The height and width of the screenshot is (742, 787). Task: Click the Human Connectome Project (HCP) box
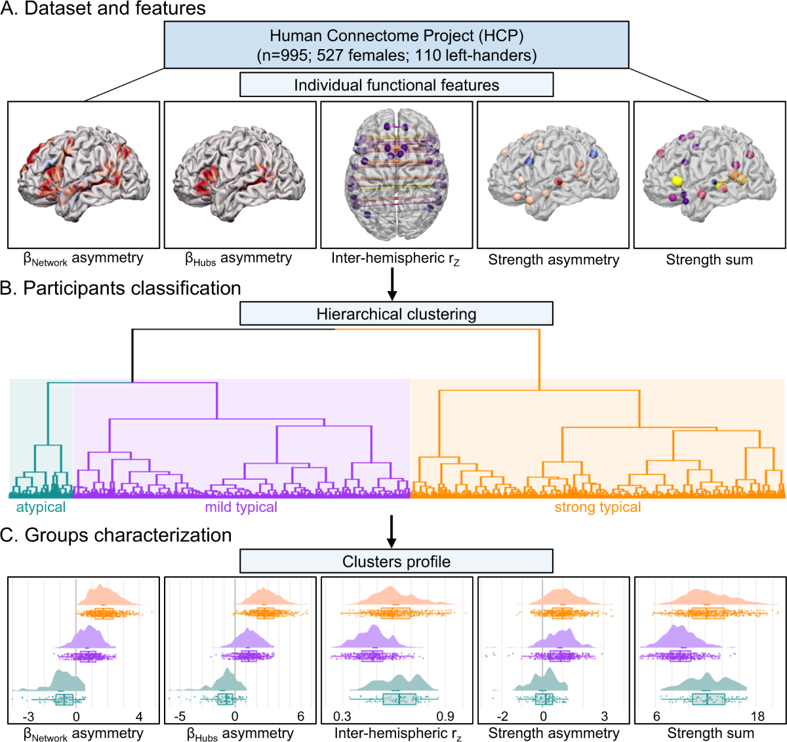pos(396,45)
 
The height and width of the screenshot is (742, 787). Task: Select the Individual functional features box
pos(396,85)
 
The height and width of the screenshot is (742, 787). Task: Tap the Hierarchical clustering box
pos(396,313)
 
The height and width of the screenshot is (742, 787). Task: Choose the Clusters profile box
pos(396,562)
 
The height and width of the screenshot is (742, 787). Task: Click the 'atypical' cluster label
pos(41,507)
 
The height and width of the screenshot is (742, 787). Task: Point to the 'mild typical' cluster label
pos(241,507)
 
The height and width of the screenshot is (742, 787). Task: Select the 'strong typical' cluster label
pos(597,507)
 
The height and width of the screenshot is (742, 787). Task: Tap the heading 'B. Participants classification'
pos(121,288)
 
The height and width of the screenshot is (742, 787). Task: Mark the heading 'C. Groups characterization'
pos(116,536)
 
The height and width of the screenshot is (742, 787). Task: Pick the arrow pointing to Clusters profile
pos(392,530)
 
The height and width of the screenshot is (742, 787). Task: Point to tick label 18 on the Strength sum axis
pos(757,716)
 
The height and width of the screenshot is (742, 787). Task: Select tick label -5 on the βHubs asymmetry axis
pos(180,716)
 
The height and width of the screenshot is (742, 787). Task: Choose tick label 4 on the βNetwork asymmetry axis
pos(139,716)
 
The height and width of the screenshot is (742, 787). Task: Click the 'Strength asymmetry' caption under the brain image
pos(554,260)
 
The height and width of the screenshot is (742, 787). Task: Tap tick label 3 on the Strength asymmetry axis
pos(605,716)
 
